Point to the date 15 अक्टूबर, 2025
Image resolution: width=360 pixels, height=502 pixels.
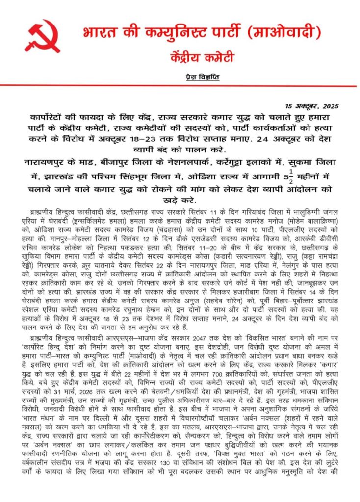point(312,106)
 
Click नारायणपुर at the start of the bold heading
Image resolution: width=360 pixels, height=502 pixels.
point(47,161)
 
